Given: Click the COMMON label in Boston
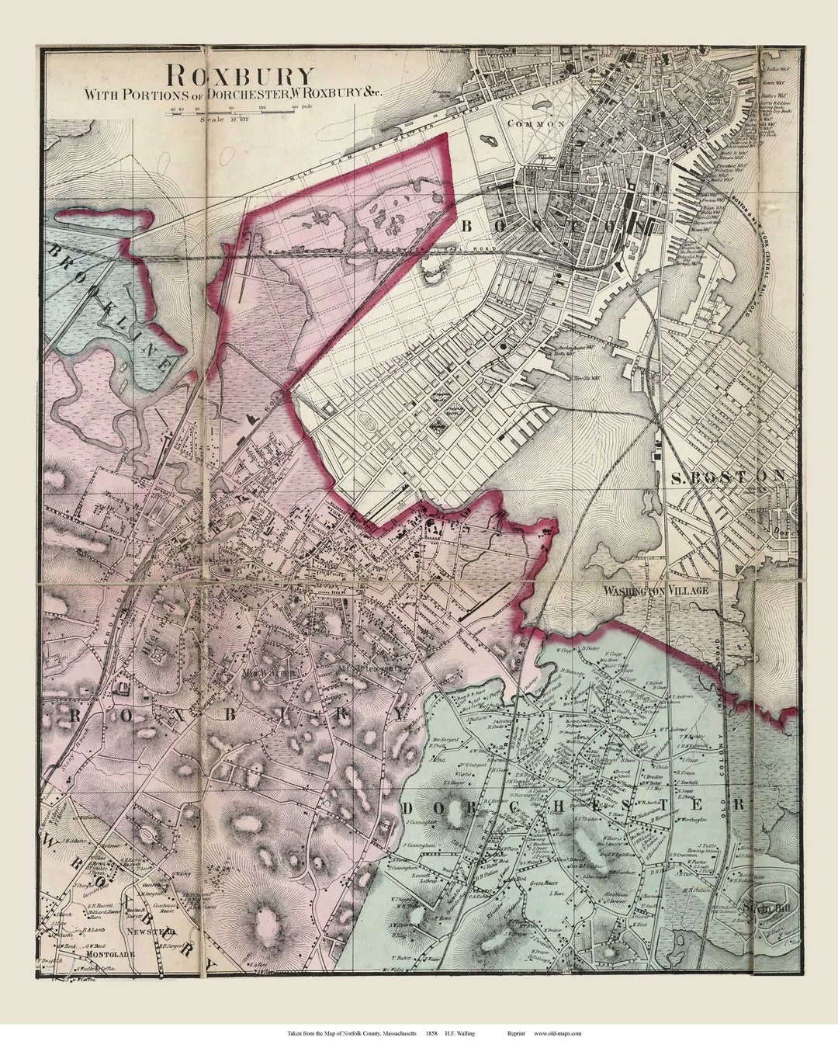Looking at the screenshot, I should coord(534,123).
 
